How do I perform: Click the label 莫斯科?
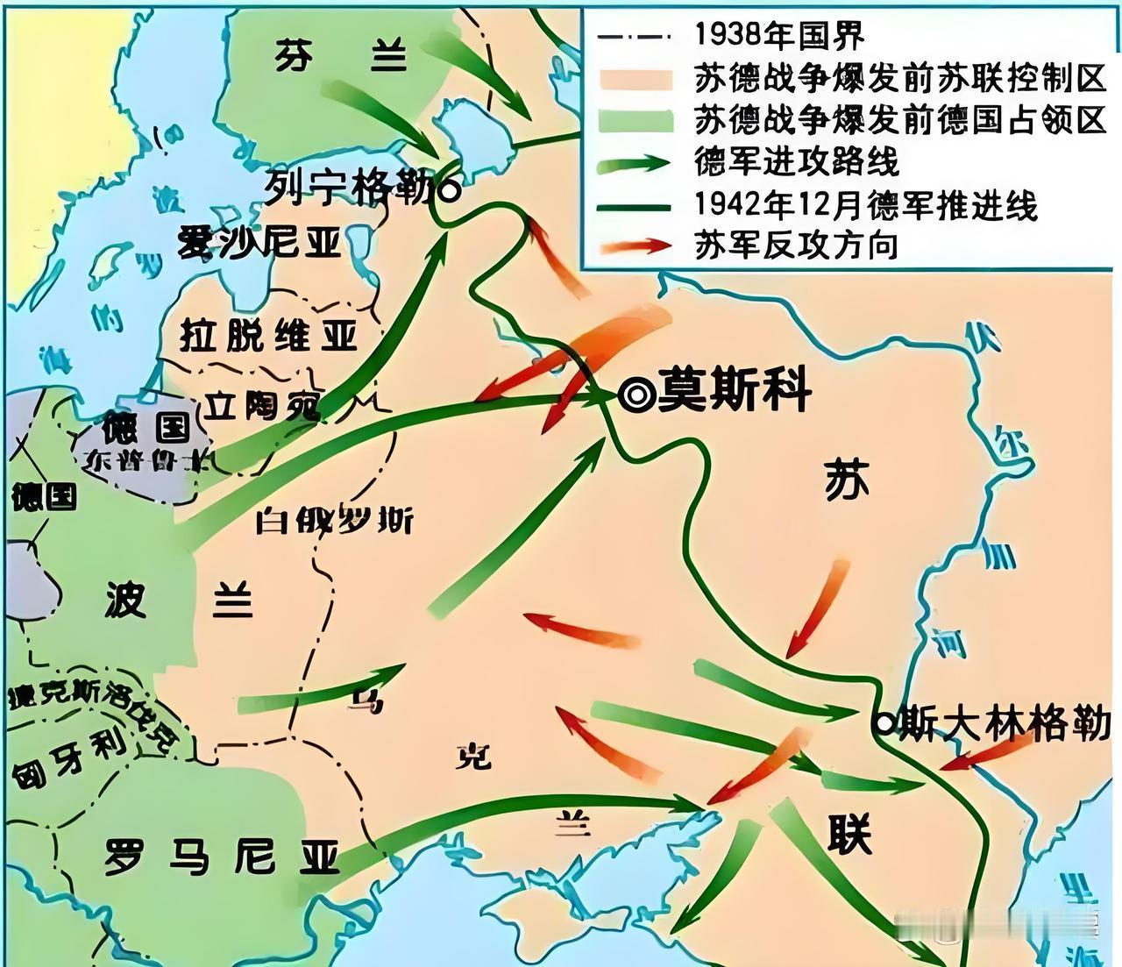pyautogui.click(x=735, y=390)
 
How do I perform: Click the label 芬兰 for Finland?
pyautogui.click(x=341, y=57)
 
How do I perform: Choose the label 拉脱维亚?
pyautogui.click(x=268, y=335)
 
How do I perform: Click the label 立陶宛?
pyautogui.click(x=261, y=404)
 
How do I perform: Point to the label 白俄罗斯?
pyautogui.click(x=334, y=521)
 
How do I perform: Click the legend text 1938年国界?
pyautogui.click(x=779, y=35)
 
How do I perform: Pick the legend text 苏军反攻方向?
pyautogui.click(x=796, y=245)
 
